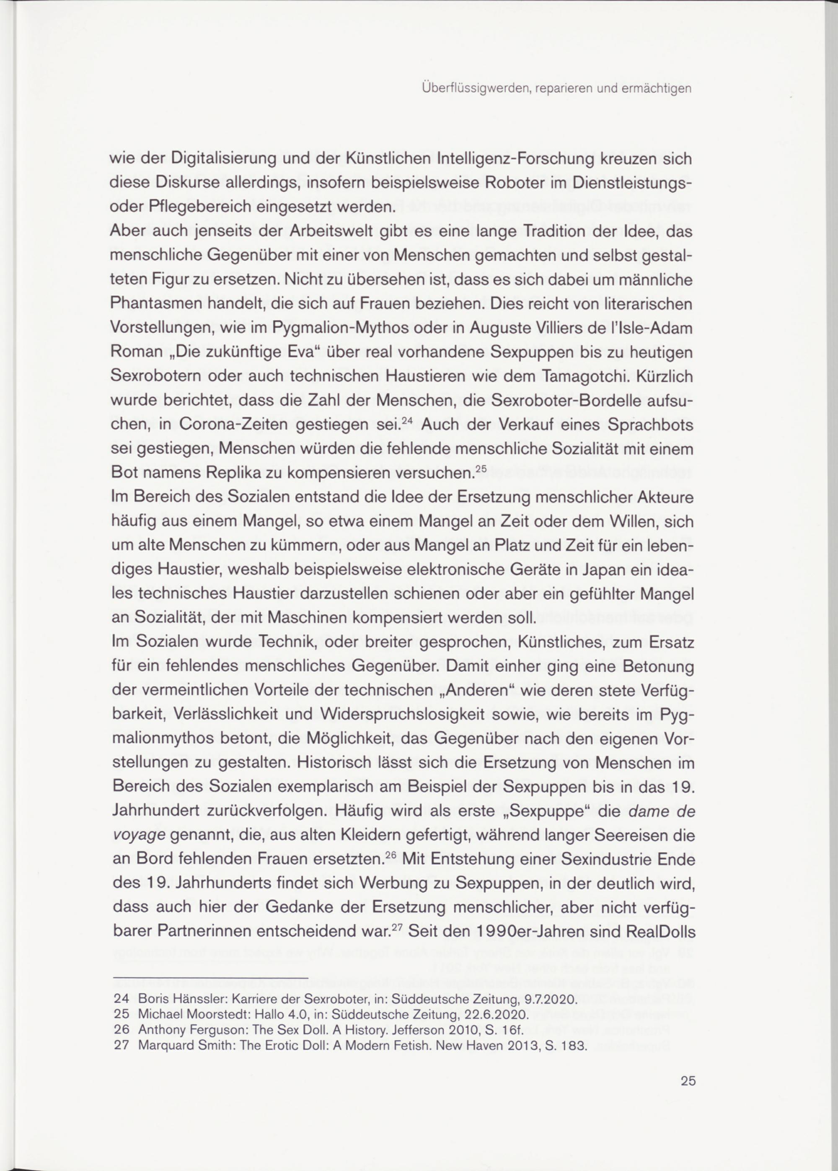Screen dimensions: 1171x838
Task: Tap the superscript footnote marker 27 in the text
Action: tap(396, 926)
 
